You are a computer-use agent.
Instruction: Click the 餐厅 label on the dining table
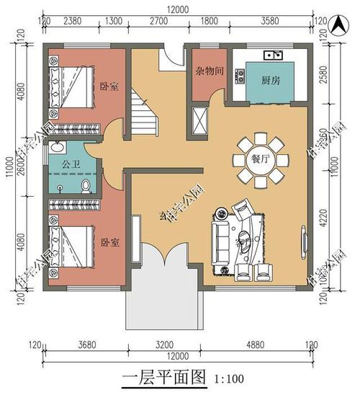[260, 160]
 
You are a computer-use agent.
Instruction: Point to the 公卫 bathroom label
[70, 165]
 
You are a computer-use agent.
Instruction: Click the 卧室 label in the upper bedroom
[109, 87]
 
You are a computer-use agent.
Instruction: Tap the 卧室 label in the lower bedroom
[109, 243]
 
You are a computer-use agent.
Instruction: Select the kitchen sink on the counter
[273, 54]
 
